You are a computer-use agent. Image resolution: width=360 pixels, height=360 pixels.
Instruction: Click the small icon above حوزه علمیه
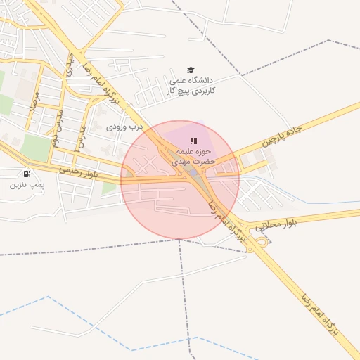tap(193, 141)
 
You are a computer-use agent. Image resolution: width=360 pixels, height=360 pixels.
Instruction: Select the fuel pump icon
tap(27, 174)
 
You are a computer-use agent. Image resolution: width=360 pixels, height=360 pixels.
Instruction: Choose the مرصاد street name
tap(32, 106)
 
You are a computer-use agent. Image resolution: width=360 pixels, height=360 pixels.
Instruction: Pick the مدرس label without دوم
tap(82, 136)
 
